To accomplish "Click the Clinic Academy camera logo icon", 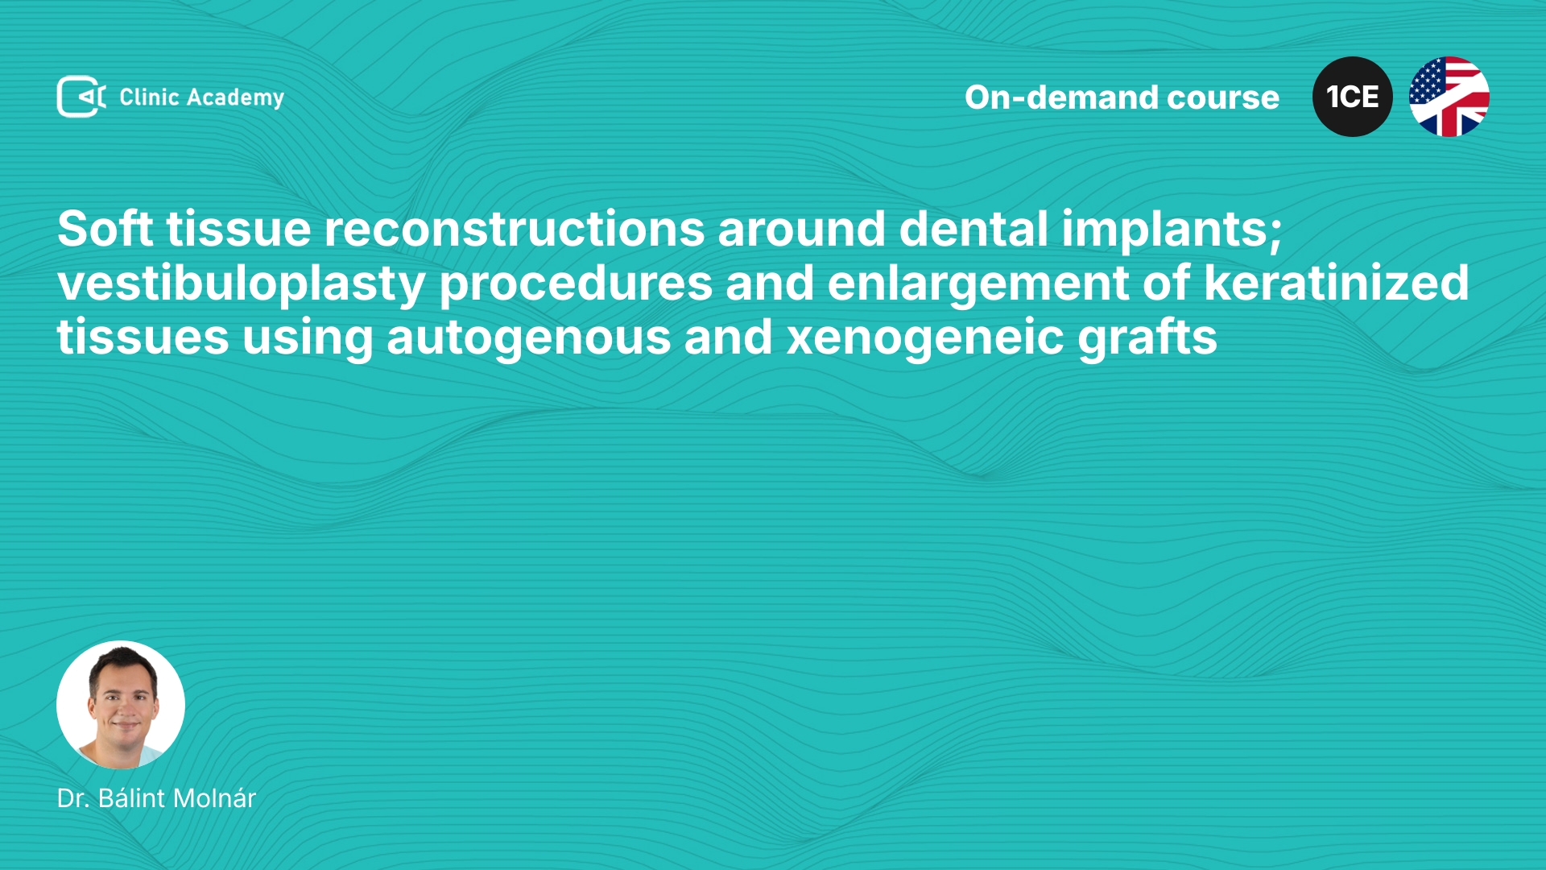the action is coord(81,97).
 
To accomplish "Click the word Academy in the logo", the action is coord(235,98).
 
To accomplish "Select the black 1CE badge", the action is coord(1353,97).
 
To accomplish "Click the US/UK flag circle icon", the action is coord(1449,97).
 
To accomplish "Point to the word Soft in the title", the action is coord(105,229).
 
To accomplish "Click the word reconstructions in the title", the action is coord(515,229).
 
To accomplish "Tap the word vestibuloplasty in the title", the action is coord(241,284).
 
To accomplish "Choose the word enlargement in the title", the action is coord(978,284).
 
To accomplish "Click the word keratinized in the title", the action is coord(1337,283).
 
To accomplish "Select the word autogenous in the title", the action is coord(528,338).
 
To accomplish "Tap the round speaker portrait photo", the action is coord(121,705).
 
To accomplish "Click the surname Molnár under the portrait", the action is coord(215,798).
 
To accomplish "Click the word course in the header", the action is coord(1223,98).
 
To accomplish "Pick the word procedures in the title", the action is coord(576,284).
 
